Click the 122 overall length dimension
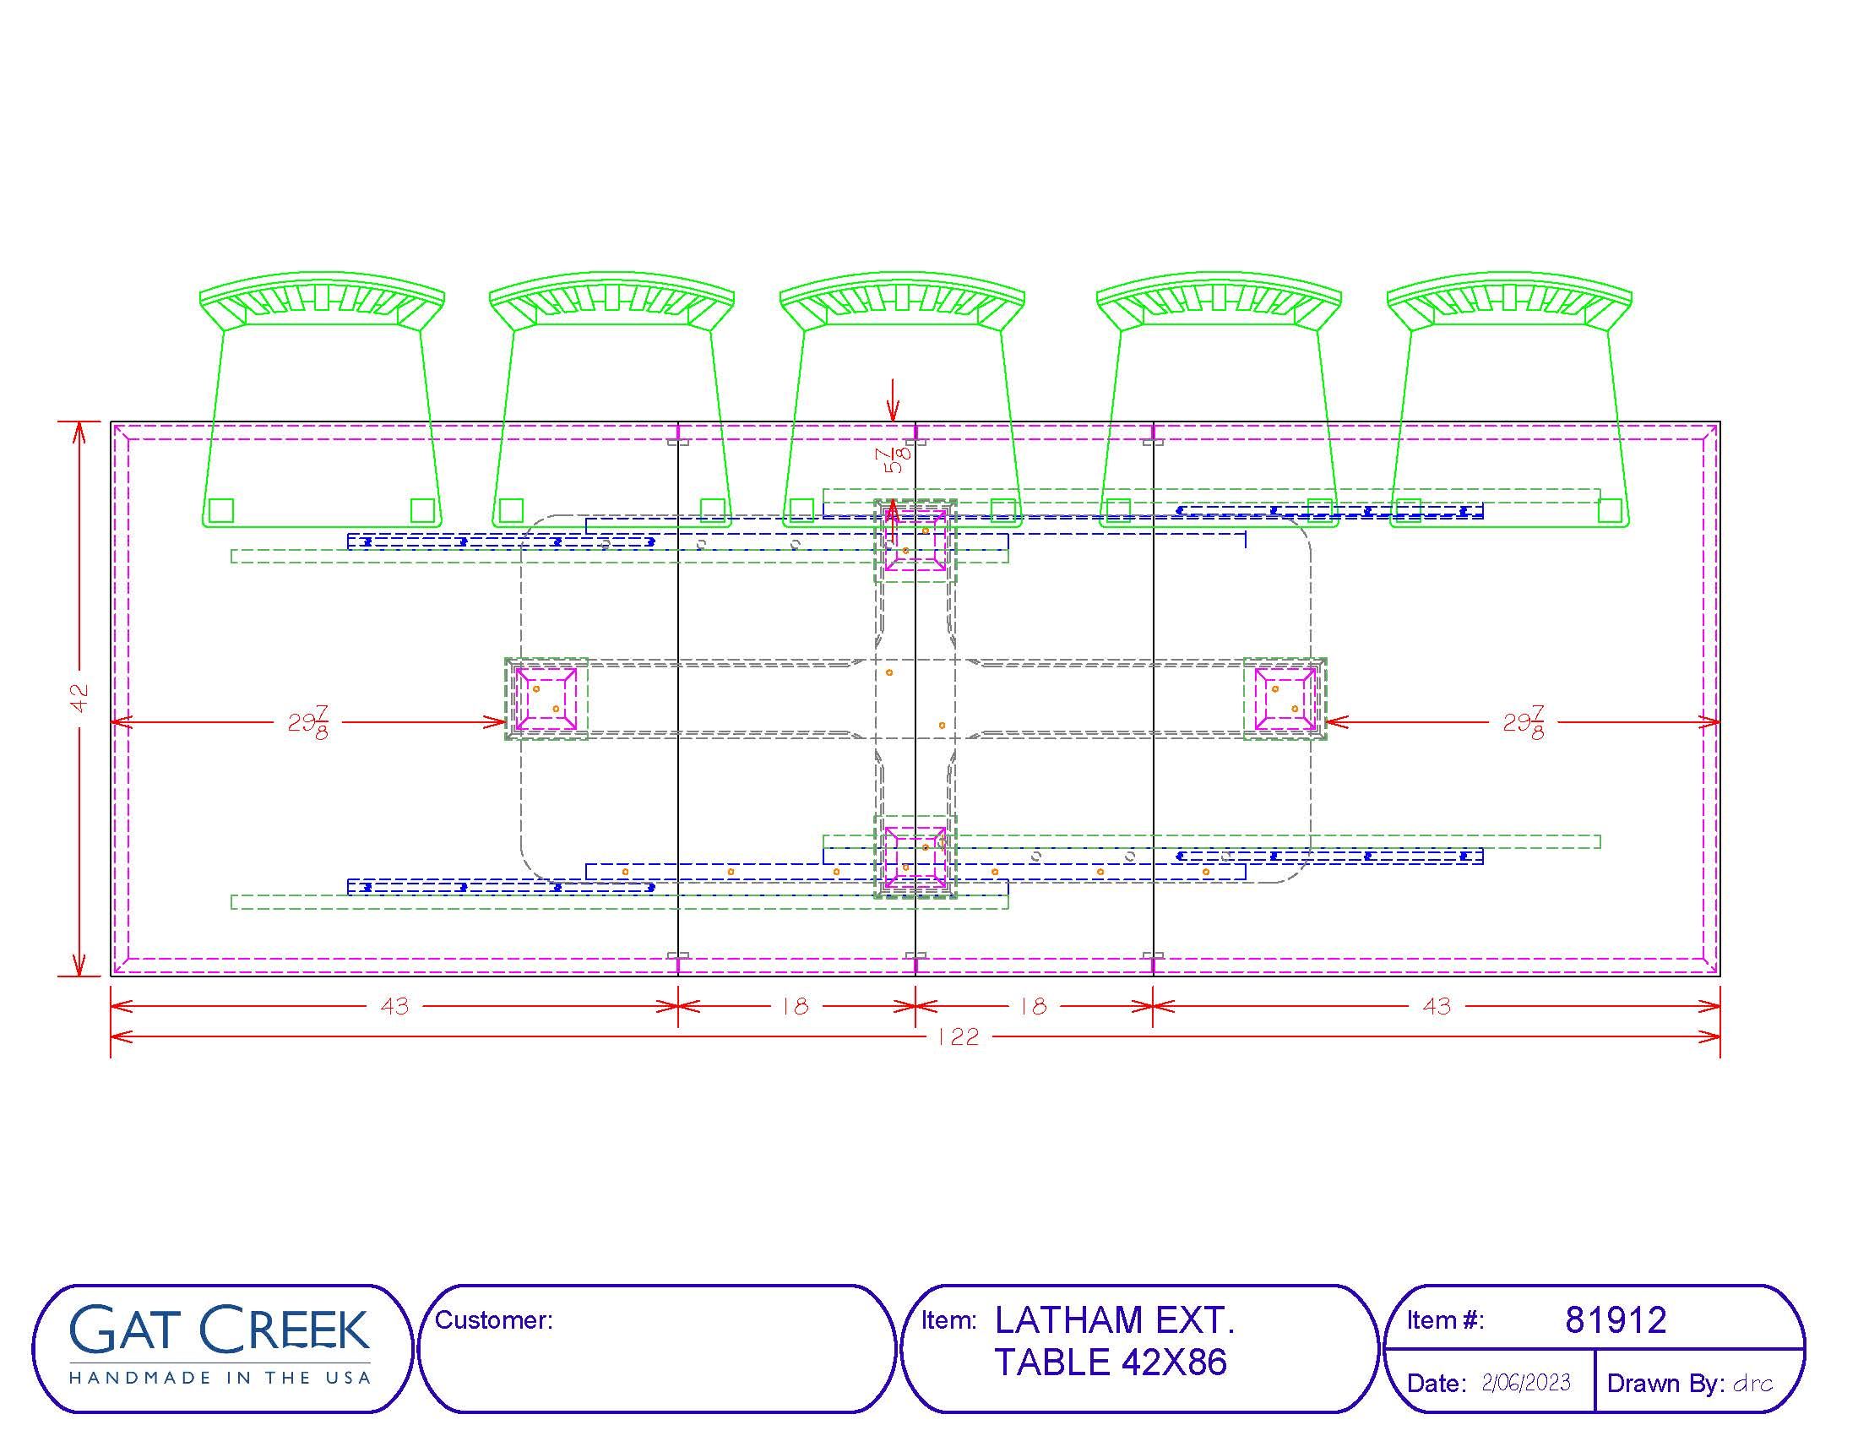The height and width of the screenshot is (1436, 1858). [958, 1036]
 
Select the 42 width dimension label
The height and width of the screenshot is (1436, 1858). [79, 698]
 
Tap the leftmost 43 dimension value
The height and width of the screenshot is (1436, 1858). [394, 1006]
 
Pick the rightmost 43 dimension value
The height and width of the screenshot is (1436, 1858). [1437, 1006]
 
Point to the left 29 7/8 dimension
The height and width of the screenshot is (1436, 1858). [308, 722]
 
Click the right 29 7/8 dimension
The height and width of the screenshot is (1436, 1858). [1524, 722]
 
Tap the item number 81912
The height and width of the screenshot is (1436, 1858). [1616, 1319]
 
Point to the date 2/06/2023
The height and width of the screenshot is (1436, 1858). [1526, 1383]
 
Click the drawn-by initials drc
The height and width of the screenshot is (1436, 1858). [1752, 1384]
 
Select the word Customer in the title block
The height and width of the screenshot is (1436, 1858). [492, 1319]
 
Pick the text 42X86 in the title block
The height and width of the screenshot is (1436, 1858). [1174, 1362]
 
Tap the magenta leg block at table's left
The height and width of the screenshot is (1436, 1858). [546, 699]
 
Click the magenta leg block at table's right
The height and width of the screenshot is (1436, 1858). [1285, 699]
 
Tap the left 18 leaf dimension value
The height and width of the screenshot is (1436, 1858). [795, 1006]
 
